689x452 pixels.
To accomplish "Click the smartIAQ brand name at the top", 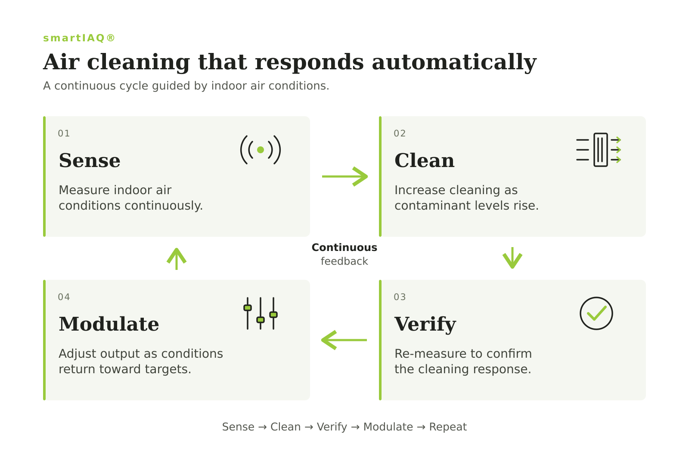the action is coord(79,38).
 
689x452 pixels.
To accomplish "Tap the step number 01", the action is coord(64,133).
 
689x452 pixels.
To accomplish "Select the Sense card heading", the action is coord(90,161).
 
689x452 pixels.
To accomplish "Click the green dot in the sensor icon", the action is coord(261,150).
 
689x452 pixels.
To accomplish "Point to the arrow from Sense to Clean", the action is coord(345,176).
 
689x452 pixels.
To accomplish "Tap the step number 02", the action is coord(400,133).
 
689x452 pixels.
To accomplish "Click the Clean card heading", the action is coord(425,161).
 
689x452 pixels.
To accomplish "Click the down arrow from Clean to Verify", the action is coord(512,258).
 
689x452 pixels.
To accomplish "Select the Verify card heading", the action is coord(425,325).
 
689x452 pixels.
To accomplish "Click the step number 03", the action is coord(400,297).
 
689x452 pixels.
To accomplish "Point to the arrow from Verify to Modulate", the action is coord(344,340).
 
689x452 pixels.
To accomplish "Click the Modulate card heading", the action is coord(109,324).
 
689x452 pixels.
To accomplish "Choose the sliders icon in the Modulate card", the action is coord(261,313).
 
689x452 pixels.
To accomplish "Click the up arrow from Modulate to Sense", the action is coord(177,259).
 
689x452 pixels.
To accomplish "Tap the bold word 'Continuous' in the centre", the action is coord(344,248).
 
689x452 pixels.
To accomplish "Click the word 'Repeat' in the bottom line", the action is coord(448,427).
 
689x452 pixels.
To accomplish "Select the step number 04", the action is coord(64,297).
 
